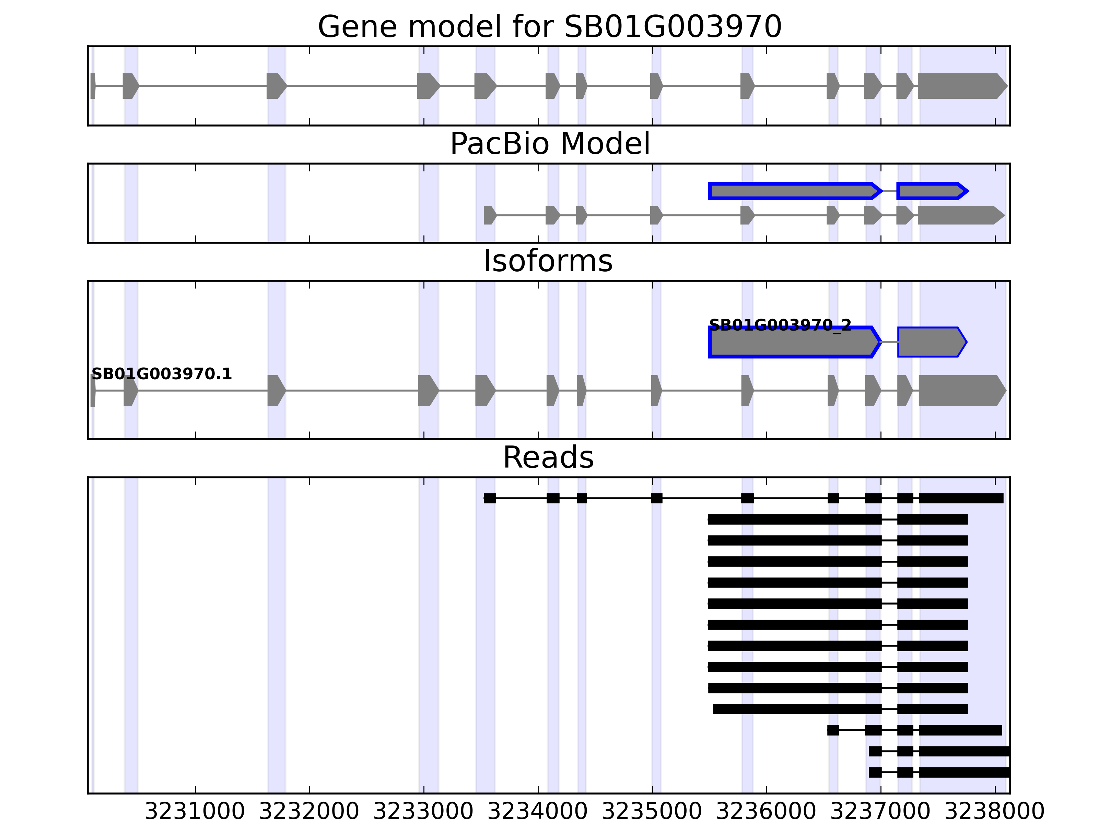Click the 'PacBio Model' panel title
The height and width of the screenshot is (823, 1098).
(x=549, y=144)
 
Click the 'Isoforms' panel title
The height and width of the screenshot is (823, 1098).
(x=548, y=261)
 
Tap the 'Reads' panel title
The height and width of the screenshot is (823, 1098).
(x=548, y=457)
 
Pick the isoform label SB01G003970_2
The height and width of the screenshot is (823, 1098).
(x=780, y=325)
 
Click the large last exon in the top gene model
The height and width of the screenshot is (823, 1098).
(x=960, y=86)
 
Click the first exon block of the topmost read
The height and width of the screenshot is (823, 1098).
(x=490, y=498)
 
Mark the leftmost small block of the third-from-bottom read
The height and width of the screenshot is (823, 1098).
(x=833, y=730)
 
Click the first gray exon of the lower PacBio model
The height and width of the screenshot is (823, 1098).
(x=489, y=215)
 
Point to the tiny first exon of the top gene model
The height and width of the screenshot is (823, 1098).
(x=93, y=86)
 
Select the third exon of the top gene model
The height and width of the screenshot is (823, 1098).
(x=276, y=86)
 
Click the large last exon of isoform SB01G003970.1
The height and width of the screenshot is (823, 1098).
(x=960, y=391)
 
